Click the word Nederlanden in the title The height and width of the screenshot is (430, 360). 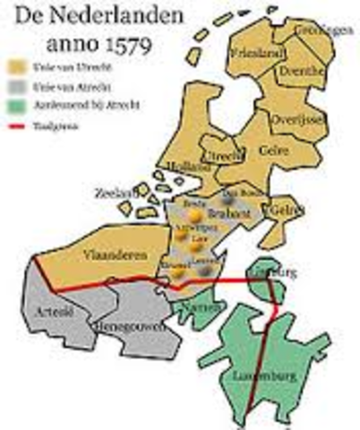(x=93, y=15)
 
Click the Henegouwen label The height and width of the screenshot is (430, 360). (x=128, y=326)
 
